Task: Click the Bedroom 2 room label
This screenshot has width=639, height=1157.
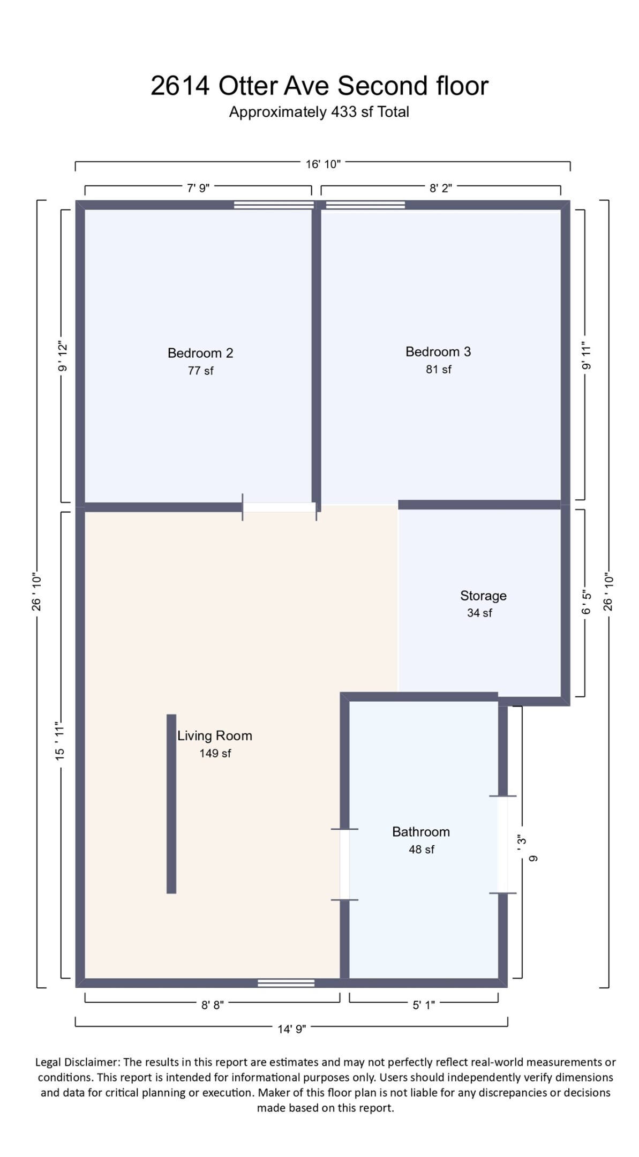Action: point(200,353)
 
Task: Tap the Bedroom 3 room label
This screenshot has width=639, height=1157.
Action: point(438,352)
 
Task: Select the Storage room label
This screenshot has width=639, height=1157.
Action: point(483,596)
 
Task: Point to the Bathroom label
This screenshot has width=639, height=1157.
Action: point(420,832)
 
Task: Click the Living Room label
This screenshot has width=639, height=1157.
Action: point(215,736)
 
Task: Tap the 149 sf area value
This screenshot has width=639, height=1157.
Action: point(215,754)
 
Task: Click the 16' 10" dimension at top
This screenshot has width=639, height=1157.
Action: point(323,164)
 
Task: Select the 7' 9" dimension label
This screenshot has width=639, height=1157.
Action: point(198,189)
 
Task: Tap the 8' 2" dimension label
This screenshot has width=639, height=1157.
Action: point(440,189)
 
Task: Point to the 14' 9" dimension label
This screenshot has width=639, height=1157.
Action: point(291,1030)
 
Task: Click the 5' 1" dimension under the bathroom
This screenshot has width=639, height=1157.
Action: point(423,1005)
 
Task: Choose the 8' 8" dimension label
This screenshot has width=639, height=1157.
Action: point(212,1005)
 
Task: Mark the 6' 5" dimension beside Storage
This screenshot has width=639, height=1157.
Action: point(587,603)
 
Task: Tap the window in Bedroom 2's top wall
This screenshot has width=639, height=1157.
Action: point(274,205)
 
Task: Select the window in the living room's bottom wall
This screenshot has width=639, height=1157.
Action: point(285,983)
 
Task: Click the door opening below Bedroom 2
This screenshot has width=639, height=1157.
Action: point(279,507)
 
